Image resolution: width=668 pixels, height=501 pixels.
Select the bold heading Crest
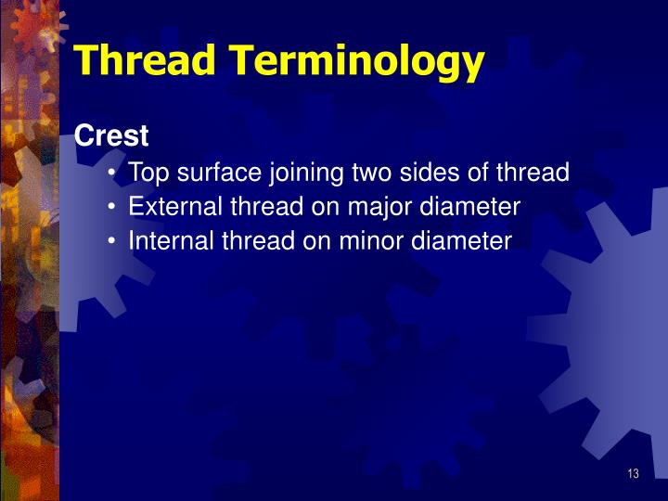point(111,136)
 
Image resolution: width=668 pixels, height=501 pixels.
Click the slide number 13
point(633,474)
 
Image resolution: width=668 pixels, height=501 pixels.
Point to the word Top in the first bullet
point(148,173)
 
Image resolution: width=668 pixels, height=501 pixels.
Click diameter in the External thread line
point(468,207)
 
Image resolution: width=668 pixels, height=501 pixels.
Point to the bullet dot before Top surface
point(111,173)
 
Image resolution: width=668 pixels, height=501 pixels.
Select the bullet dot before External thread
point(111,207)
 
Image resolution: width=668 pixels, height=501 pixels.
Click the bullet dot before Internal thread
point(111,241)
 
